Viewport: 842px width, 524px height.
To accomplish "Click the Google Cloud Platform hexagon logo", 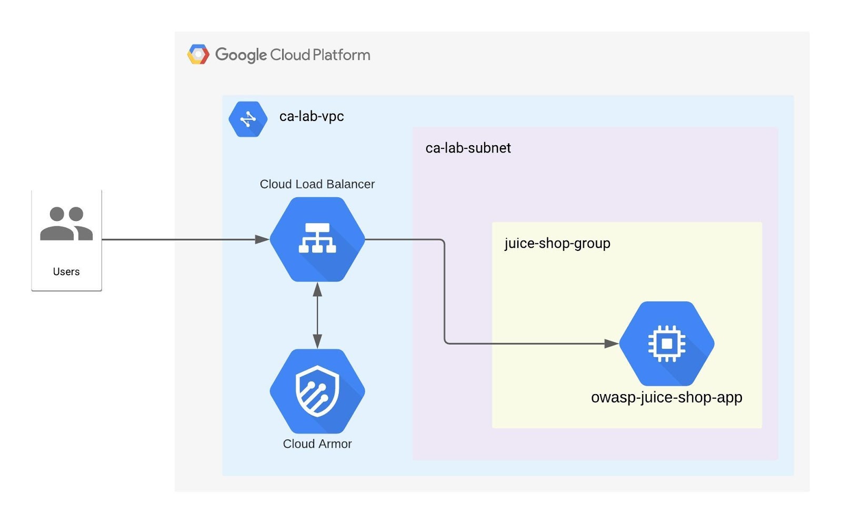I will coord(198,55).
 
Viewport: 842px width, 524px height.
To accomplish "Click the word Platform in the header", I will coord(342,55).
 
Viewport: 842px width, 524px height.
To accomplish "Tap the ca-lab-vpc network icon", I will coord(248,119).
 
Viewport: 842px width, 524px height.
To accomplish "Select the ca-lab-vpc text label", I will coord(312,116).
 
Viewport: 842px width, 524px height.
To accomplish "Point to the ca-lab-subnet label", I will coord(468,148).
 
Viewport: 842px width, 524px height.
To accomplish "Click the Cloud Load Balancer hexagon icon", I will coord(317,239).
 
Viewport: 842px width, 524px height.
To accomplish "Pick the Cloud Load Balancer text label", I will coord(317,184).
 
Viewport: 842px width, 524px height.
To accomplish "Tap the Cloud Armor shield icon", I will coord(317,391).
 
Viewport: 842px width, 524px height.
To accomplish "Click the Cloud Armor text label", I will coord(317,444).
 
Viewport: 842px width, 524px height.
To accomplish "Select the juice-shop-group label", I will coord(557,243).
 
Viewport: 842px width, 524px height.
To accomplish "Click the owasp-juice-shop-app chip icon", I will coord(667,344).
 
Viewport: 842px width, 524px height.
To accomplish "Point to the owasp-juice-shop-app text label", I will coord(667,397).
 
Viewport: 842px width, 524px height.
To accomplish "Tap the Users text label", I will coord(66,271).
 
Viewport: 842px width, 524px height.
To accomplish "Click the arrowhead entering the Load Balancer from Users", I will coord(262,239).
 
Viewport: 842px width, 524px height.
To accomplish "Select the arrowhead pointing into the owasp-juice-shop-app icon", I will coord(612,344).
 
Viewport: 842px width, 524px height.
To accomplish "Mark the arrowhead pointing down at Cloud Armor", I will coord(317,341).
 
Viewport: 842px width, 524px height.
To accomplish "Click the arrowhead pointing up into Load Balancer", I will coord(317,289).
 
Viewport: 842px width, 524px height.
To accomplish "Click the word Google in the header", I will coord(241,55).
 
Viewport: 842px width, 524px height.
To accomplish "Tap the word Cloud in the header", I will coord(290,55).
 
